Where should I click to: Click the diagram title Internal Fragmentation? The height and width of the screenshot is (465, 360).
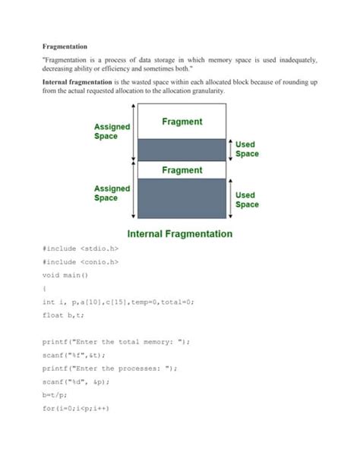point(179,234)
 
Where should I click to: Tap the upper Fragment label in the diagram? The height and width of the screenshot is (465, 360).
point(182,122)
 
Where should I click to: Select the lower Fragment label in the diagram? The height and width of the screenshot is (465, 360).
point(182,170)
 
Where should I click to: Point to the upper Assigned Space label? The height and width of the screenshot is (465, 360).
point(112,131)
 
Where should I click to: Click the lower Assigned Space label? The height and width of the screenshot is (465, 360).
point(112,193)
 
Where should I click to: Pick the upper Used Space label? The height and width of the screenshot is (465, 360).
point(247,148)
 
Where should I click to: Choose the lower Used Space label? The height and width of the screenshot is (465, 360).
point(247,199)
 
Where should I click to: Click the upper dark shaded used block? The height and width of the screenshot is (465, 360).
point(182,149)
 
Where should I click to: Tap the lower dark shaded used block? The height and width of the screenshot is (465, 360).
point(182,199)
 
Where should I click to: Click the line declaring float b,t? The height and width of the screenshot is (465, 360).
point(65,315)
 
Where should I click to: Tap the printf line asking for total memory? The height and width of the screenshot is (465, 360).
point(116,341)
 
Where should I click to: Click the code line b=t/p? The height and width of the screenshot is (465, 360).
point(55,395)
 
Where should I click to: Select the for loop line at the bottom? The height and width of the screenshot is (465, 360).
point(77,408)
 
